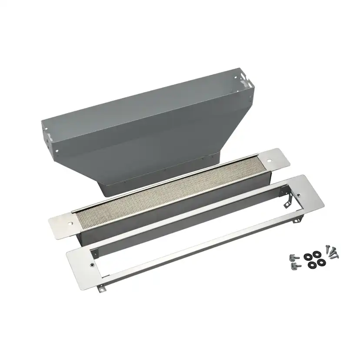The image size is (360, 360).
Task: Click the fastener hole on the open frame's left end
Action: tap(92, 264)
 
